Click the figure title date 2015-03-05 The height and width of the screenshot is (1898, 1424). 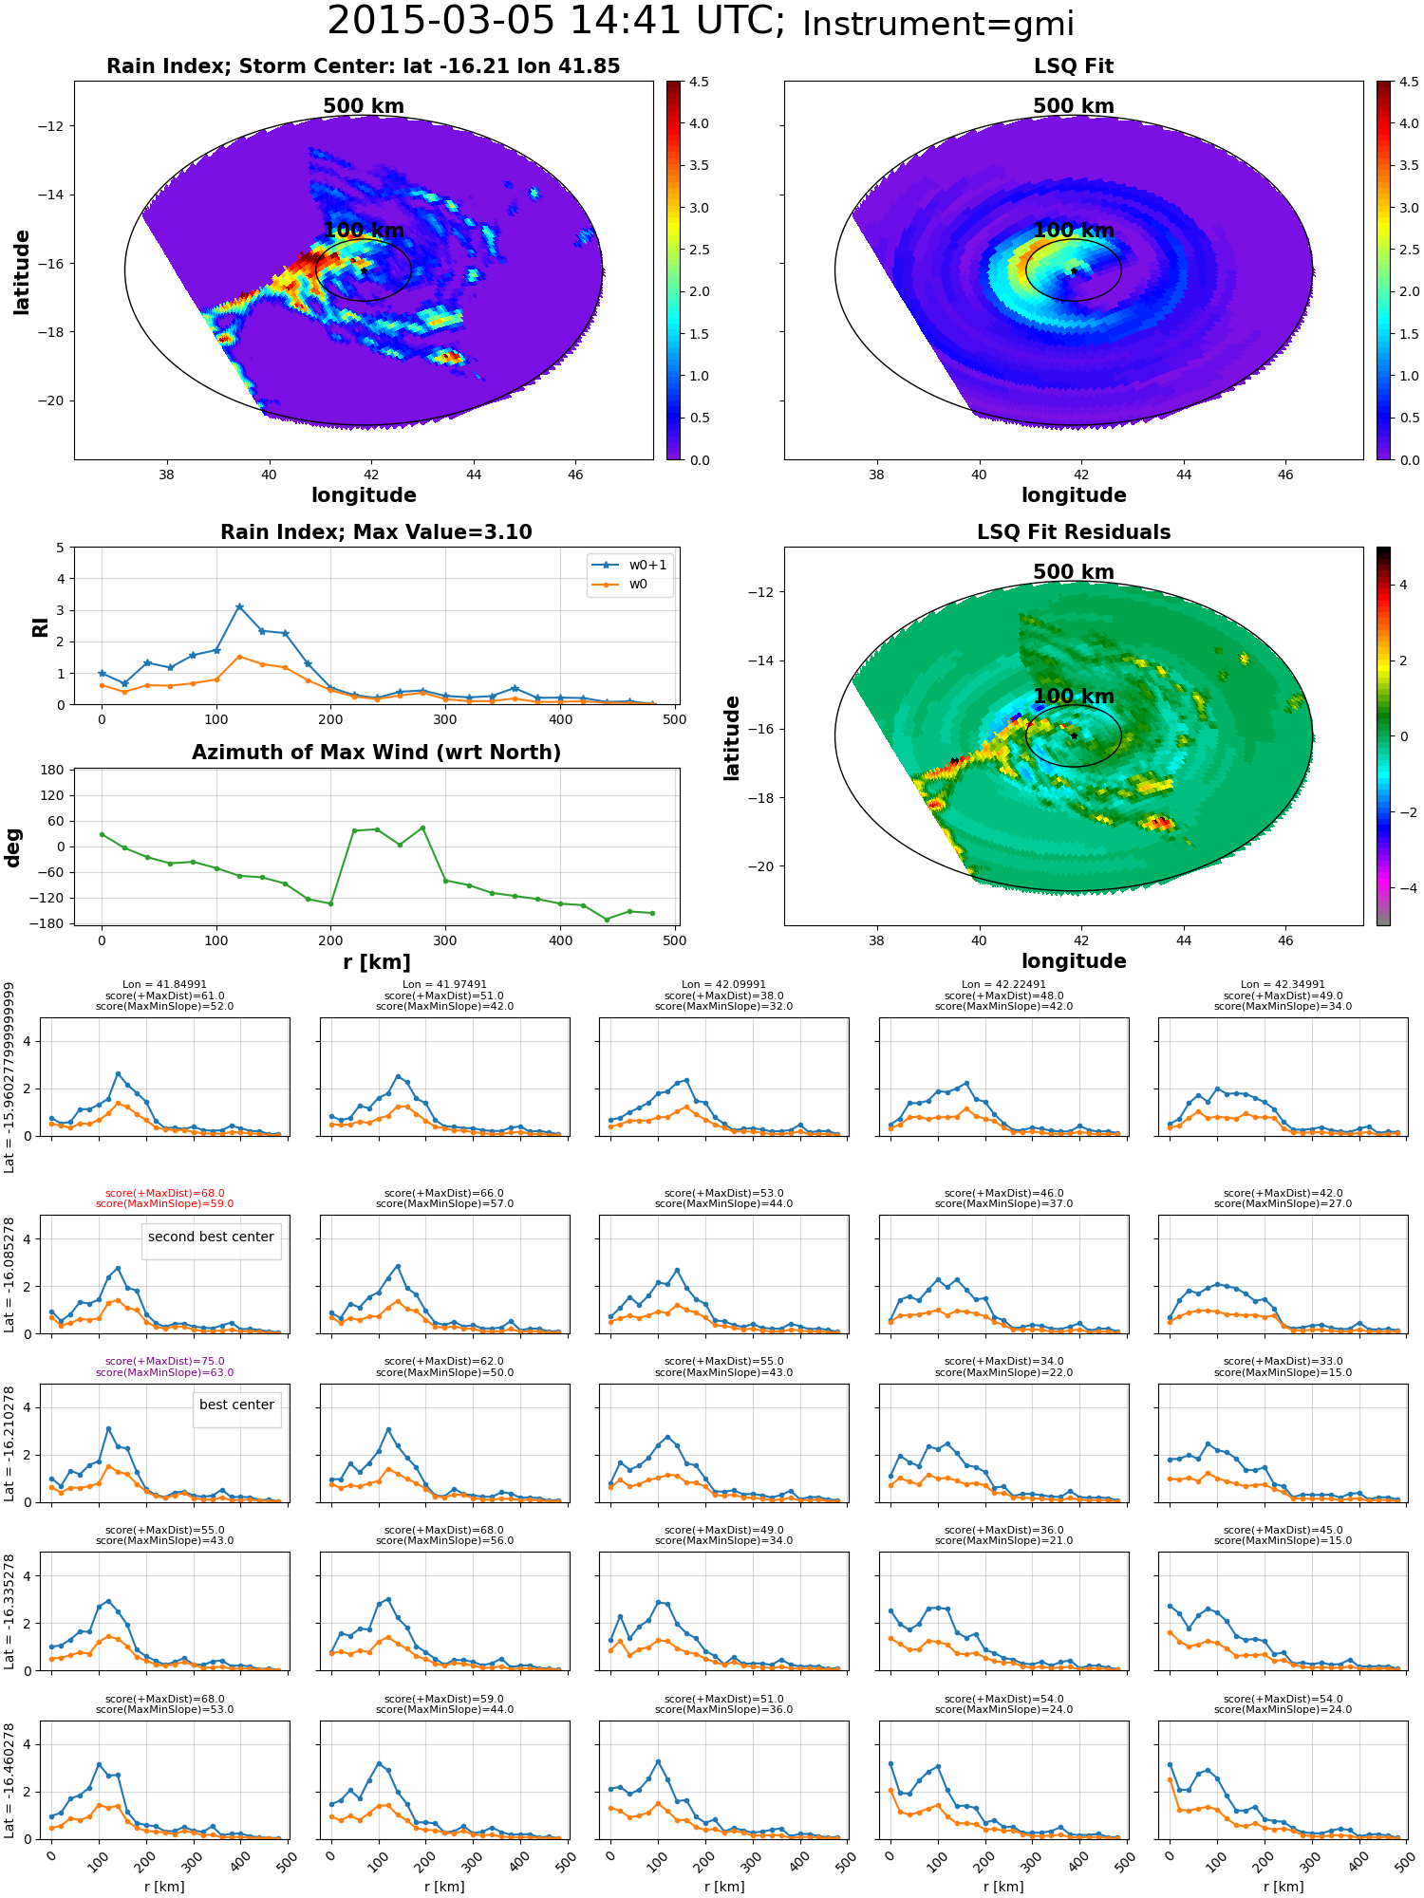tap(440, 21)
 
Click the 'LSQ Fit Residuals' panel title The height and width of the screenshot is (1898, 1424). tap(1074, 532)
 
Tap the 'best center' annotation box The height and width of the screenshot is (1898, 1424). tap(236, 1405)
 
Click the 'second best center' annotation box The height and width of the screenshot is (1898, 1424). tap(211, 1237)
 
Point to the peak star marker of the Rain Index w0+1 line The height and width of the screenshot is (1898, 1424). tap(239, 606)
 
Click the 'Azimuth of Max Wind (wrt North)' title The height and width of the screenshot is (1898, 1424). tap(376, 753)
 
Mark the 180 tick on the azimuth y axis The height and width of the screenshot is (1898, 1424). tap(52, 770)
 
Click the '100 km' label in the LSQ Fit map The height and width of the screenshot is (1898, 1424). tap(1074, 230)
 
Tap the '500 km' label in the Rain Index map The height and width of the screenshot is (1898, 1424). tap(364, 105)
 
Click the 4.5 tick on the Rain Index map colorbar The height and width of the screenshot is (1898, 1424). tap(699, 82)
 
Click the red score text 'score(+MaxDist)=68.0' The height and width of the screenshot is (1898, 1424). tap(165, 1193)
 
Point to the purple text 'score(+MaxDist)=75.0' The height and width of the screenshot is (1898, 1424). tap(165, 1361)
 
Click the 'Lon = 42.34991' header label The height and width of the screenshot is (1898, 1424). tap(1283, 984)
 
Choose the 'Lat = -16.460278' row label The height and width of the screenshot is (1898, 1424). tap(9, 1780)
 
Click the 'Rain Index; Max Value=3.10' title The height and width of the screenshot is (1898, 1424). tap(376, 532)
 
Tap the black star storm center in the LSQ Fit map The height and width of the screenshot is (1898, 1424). tap(1074, 270)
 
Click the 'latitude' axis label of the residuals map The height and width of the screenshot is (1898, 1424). tap(732, 737)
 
